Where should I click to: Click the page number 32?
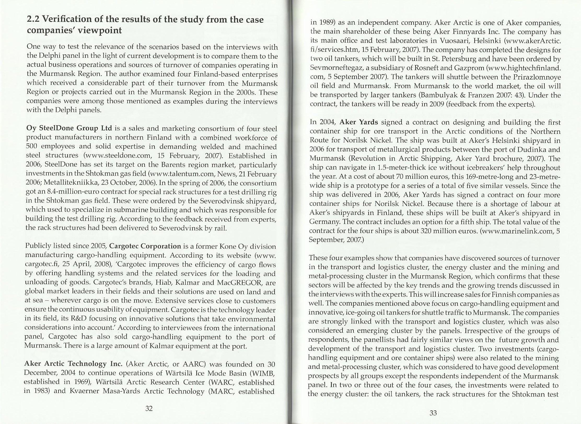point(149,408)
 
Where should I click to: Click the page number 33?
point(433,413)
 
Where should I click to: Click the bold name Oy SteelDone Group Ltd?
point(69,128)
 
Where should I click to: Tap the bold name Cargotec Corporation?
point(145,246)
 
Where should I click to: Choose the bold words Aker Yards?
point(359,122)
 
